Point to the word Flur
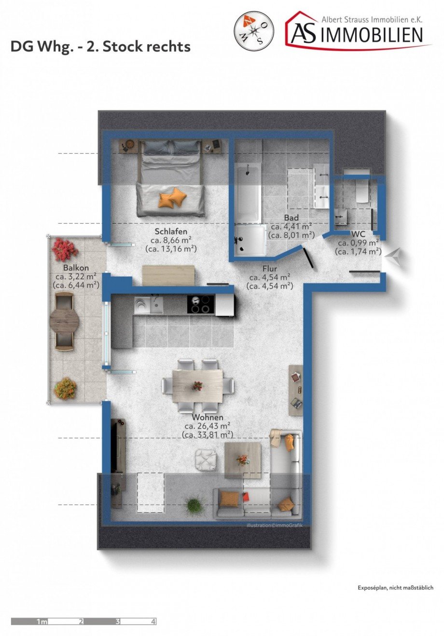[269, 269]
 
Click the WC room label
[359, 235]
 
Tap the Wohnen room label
[208, 417]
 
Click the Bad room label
[291, 218]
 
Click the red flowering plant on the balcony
[64, 249]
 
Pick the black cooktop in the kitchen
[200, 304]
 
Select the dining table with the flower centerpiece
[198, 386]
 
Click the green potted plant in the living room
[194, 505]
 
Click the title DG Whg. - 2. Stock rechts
[100, 47]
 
